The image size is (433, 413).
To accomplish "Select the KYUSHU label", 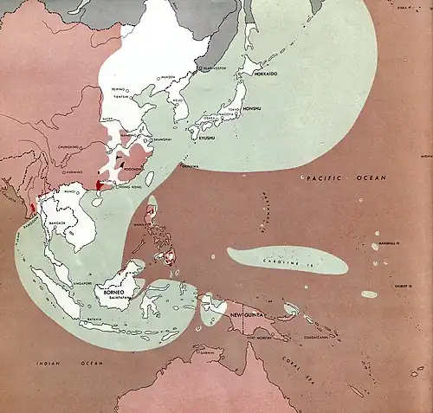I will [x=204, y=139].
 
